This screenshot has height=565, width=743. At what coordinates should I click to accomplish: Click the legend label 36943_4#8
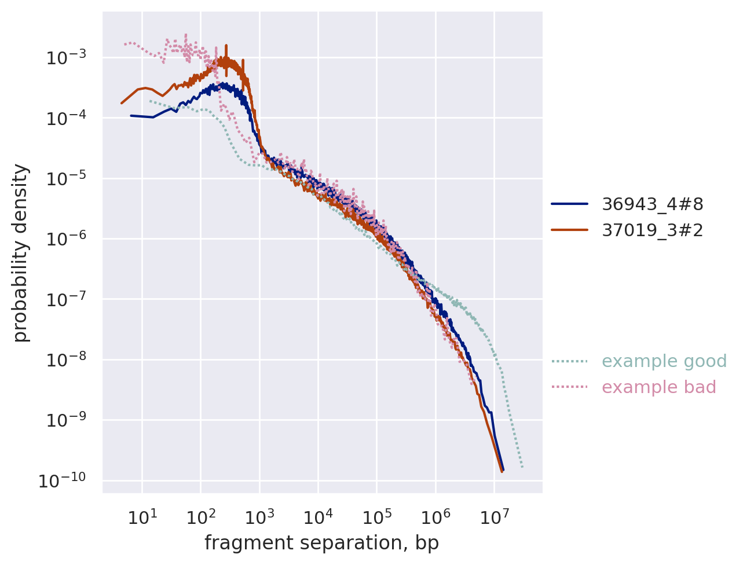[x=652, y=204]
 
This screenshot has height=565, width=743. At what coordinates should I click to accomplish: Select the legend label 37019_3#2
[x=652, y=230]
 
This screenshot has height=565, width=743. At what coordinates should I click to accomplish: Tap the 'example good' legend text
[x=664, y=361]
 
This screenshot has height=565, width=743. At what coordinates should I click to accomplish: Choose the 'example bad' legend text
[x=658, y=387]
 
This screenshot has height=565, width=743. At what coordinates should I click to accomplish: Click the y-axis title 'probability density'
[x=21, y=253]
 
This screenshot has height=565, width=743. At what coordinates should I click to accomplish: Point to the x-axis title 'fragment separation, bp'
[x=321, y=543]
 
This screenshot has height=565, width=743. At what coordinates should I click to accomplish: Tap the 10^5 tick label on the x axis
[x=377, y=516]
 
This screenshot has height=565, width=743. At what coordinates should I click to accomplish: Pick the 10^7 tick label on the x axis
[x=494, y=516]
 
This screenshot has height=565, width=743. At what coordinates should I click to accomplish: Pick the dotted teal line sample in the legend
[x=569, y=361]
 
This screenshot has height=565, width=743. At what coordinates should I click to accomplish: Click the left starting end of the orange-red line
[x=122, y=103]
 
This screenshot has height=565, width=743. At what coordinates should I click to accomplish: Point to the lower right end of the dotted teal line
[x=522, y=467]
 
